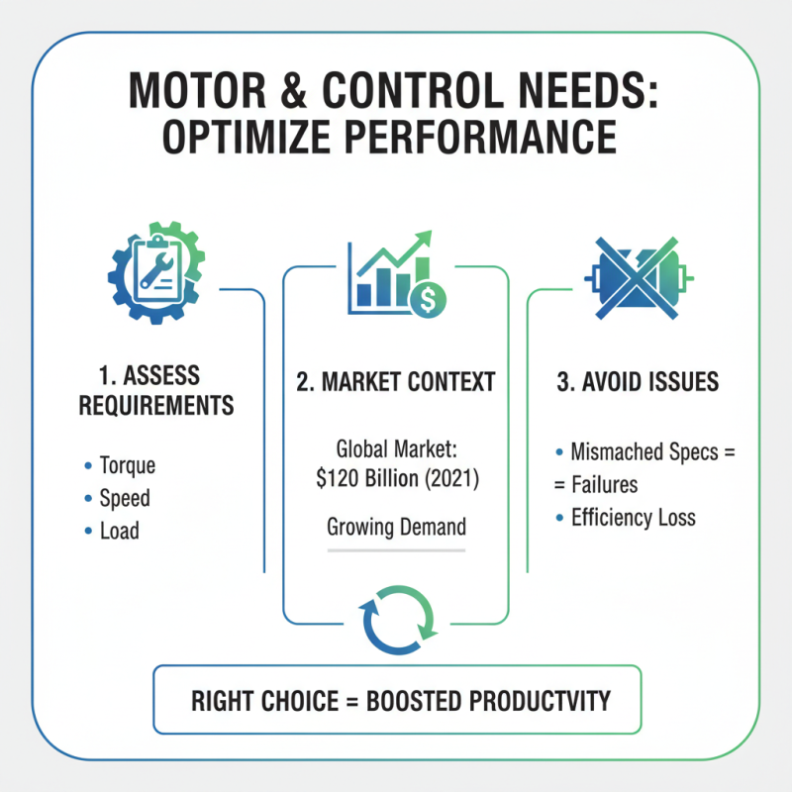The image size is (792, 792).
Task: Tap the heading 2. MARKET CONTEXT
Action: pos(396,382)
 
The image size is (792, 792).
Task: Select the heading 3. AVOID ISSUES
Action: pos(638,382)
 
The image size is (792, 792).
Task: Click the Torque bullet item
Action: pos(127,465)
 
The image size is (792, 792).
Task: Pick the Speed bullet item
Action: pos(125,498)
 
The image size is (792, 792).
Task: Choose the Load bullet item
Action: pos(119,531)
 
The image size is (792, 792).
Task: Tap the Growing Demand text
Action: pos(396,527)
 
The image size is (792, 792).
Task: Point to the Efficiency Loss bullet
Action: pos(633,517)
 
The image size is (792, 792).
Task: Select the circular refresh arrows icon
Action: pos(396,620)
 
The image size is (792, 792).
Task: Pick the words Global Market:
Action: pos(396,446)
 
